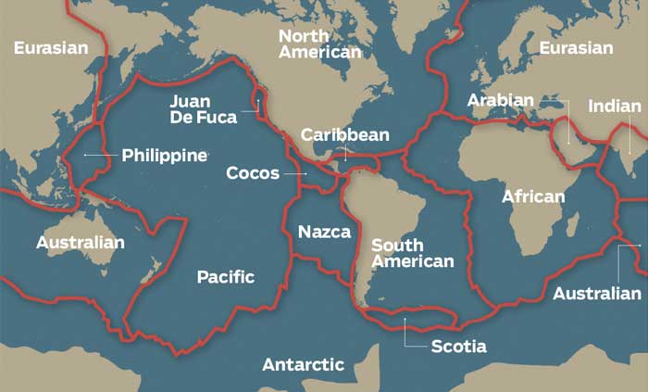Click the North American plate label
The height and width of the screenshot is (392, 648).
click(x=319, y=44)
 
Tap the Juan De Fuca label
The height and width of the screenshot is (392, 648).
click(x=203, y=108)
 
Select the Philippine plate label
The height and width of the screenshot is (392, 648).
click(x=164, y=155)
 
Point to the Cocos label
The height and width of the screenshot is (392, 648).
click(x=253, y=172)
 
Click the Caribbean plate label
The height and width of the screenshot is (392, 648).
click(x=344, y=135)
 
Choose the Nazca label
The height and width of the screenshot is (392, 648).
click(x=324, y=232)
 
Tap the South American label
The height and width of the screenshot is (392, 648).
click(x=412, y=253)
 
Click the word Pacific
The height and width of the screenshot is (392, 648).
click(x=225, y=277)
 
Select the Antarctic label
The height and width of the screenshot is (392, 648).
click(x=303, y=364)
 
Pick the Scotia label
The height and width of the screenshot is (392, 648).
click(x=458, y=347)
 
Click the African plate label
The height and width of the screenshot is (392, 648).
click(x=532, y=196)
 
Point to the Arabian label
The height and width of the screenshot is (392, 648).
click(x=500, y=100)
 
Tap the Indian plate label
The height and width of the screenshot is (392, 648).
click(x=614, y=107)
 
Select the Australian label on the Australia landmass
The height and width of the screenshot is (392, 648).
click(x=80, y=243)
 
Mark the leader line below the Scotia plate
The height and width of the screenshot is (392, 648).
click(x=405, y=334)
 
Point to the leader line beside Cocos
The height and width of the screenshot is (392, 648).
click(x=294, y=172)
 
